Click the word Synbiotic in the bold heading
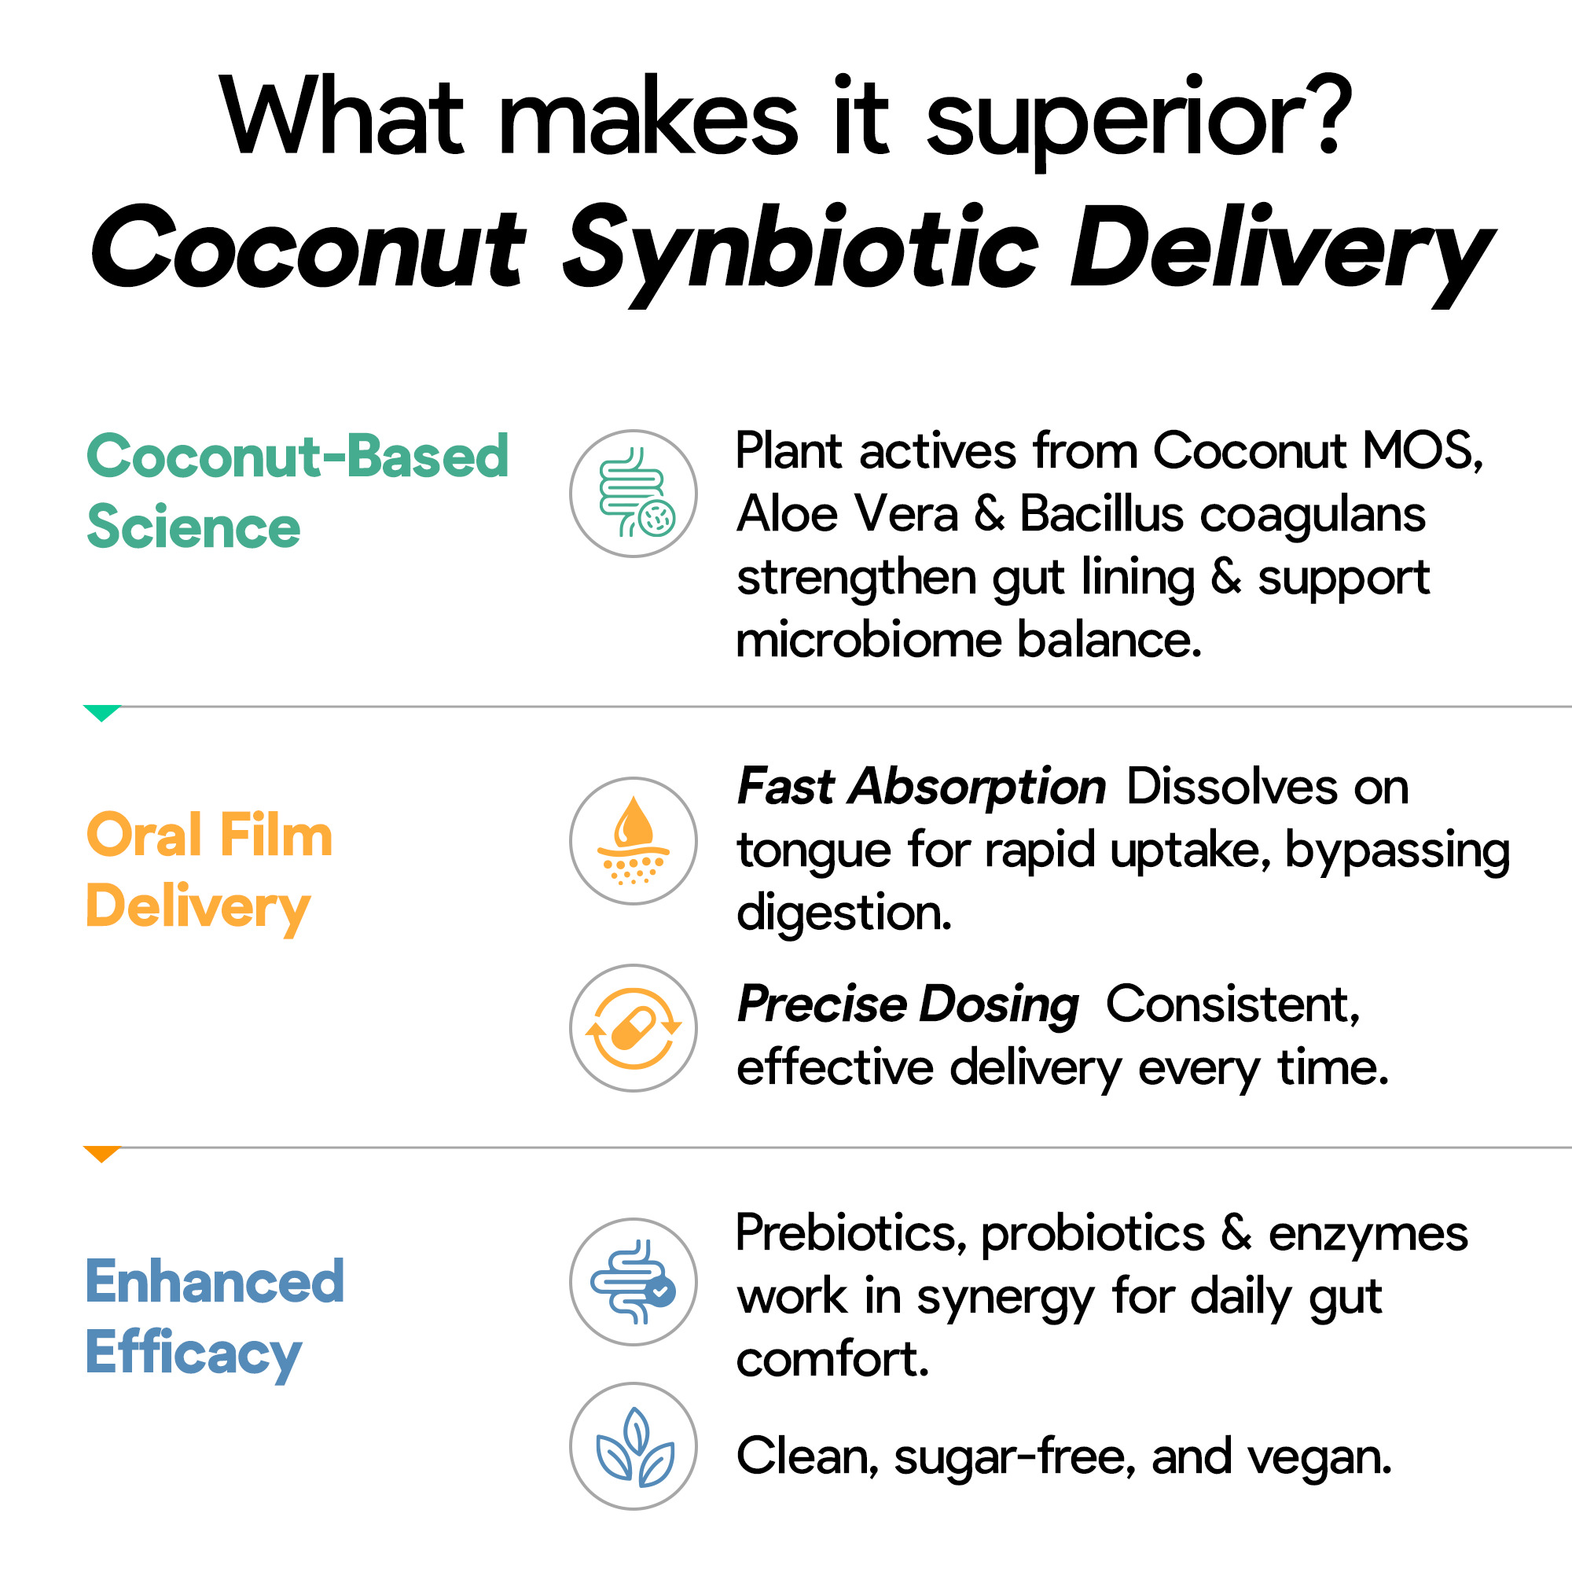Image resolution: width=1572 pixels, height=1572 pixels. tap(801, 249)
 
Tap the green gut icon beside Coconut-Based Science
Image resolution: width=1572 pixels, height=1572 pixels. tap(633, 494)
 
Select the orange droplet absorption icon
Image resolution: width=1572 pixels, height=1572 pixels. tap(633, 840)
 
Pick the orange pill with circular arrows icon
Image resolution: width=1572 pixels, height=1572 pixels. tap(633, 1027)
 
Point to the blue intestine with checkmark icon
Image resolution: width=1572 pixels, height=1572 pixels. tap(633, 1281)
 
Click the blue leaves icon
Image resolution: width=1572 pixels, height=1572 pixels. tap(633, 1446)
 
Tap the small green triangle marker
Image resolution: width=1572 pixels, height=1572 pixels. tap(101, 713)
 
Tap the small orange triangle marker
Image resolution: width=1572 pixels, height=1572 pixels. tap(101, 1154)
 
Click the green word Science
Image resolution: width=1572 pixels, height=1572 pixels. tap(193, 527)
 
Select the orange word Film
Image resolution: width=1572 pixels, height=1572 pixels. tap(276, 836)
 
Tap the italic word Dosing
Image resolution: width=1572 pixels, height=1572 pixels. tap(998, 1005)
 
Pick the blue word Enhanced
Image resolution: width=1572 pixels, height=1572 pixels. tap(215, 1281)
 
